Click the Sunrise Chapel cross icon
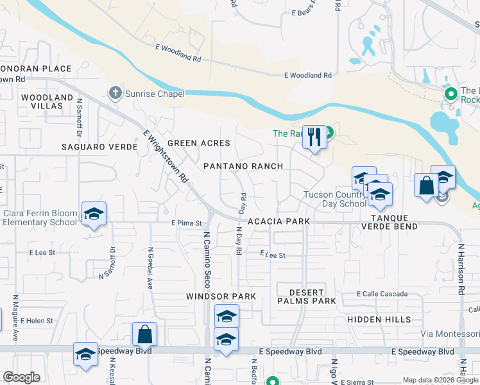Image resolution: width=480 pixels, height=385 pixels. tap(116, 94)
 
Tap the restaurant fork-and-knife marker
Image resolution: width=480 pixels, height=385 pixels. tap(314, 138)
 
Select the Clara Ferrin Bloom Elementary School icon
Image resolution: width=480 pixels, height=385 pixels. tap(94, 214)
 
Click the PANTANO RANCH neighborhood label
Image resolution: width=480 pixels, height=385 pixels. tap(243, 166)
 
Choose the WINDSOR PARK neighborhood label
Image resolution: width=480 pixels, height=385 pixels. tap(221, 296)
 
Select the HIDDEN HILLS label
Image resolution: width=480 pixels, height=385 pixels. tap(379, 319)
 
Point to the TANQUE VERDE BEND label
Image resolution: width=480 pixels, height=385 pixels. tap(389, 221)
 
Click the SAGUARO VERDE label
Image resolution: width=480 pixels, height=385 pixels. tap(99, 147)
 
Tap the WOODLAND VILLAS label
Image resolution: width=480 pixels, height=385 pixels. tap(47, 102)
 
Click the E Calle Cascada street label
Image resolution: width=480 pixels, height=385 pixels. tap(382, 294)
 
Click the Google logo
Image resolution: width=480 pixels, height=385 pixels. tap(21, 377)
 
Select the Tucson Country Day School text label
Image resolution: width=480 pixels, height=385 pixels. tap(335, 199)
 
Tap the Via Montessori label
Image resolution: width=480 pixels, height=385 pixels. tap(450, 334)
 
